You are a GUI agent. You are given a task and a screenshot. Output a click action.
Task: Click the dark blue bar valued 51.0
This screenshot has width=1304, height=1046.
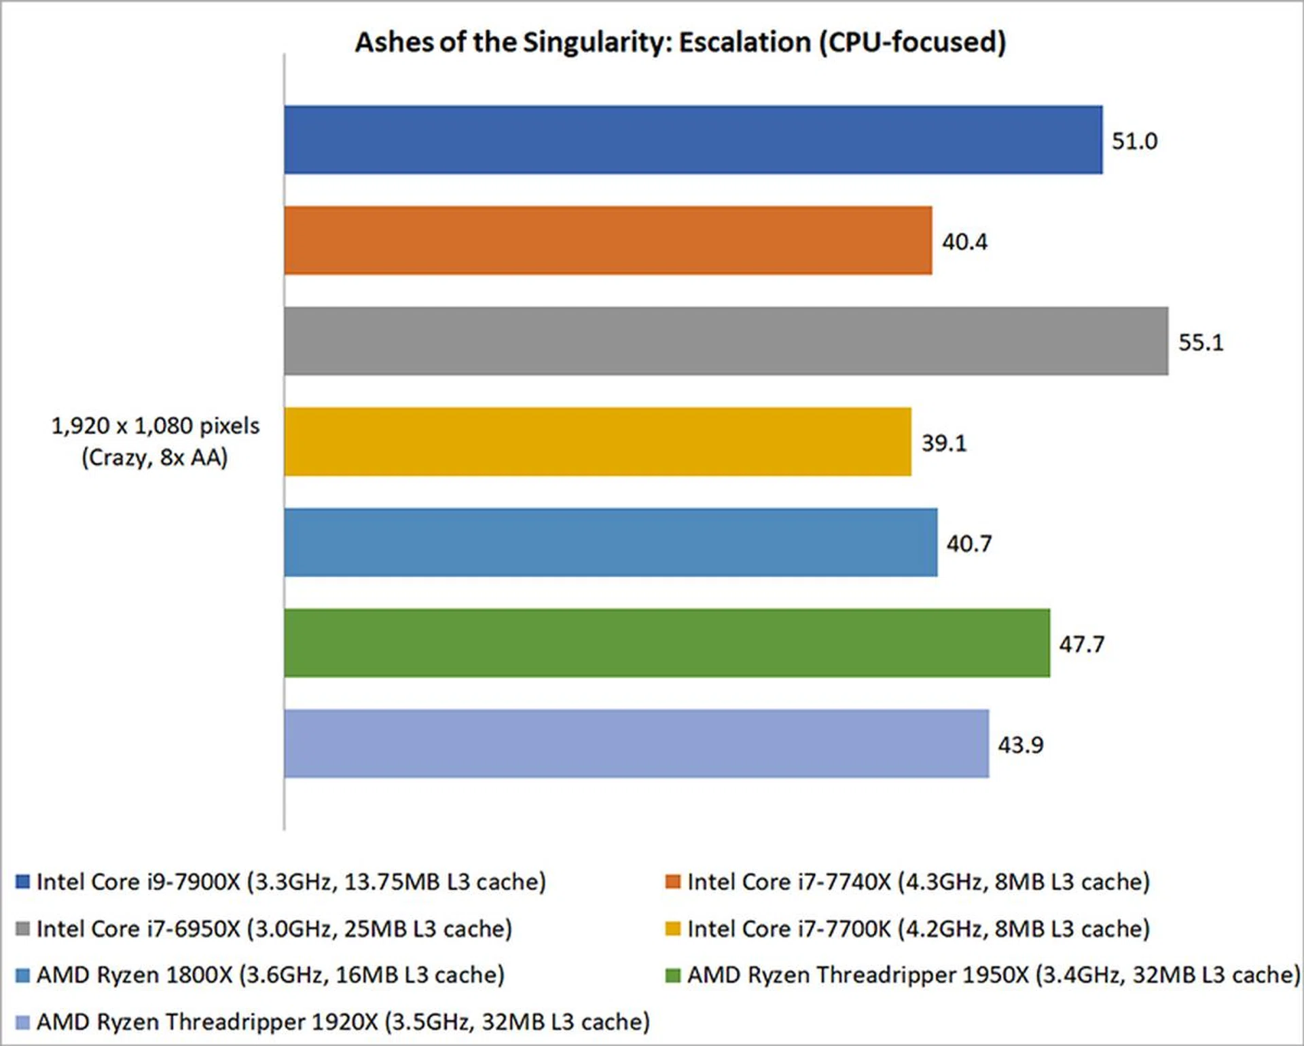point(693,140)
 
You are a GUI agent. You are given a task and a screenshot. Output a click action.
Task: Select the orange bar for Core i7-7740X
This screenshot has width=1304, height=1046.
point(608,240)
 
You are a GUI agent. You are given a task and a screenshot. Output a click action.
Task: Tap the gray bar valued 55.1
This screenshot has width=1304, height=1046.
point(726,341)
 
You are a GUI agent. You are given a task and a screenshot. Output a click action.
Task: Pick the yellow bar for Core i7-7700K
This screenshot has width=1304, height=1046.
point(598,442)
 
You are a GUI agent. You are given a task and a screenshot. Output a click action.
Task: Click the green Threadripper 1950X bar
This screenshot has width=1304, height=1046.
point(667,643)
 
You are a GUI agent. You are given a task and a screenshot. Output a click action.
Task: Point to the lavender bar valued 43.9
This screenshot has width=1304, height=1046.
point(636,743)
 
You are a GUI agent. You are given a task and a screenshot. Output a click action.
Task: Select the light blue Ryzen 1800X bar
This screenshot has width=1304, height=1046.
point(611,542)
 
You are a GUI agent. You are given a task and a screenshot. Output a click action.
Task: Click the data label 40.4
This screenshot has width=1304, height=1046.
point(964,242)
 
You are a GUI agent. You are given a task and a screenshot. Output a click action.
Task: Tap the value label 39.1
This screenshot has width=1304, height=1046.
point(943,443)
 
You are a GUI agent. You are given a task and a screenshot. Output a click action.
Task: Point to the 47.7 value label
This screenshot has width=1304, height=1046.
point(1082,644)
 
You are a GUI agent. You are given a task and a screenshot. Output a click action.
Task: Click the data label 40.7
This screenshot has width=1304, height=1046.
point(969,544)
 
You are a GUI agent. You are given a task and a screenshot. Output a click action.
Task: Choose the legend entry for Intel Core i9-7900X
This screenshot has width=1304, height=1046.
point(291,882)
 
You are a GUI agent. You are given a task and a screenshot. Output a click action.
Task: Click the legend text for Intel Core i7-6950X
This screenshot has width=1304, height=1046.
point(274,929)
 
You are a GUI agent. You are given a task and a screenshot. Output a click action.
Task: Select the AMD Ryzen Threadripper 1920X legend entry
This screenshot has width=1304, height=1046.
point(343,1022)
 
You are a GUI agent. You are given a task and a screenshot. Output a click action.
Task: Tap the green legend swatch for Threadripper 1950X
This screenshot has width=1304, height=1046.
point(673,975)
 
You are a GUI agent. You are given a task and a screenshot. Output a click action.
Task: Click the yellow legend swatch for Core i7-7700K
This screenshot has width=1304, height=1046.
point(673,929)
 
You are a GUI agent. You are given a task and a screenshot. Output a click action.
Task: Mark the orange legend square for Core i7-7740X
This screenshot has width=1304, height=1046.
point(673,882)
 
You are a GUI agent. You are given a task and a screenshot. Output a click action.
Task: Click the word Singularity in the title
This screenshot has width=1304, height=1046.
point(597,42)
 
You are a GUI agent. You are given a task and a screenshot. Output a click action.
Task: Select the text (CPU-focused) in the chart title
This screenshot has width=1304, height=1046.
point(911,42)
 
